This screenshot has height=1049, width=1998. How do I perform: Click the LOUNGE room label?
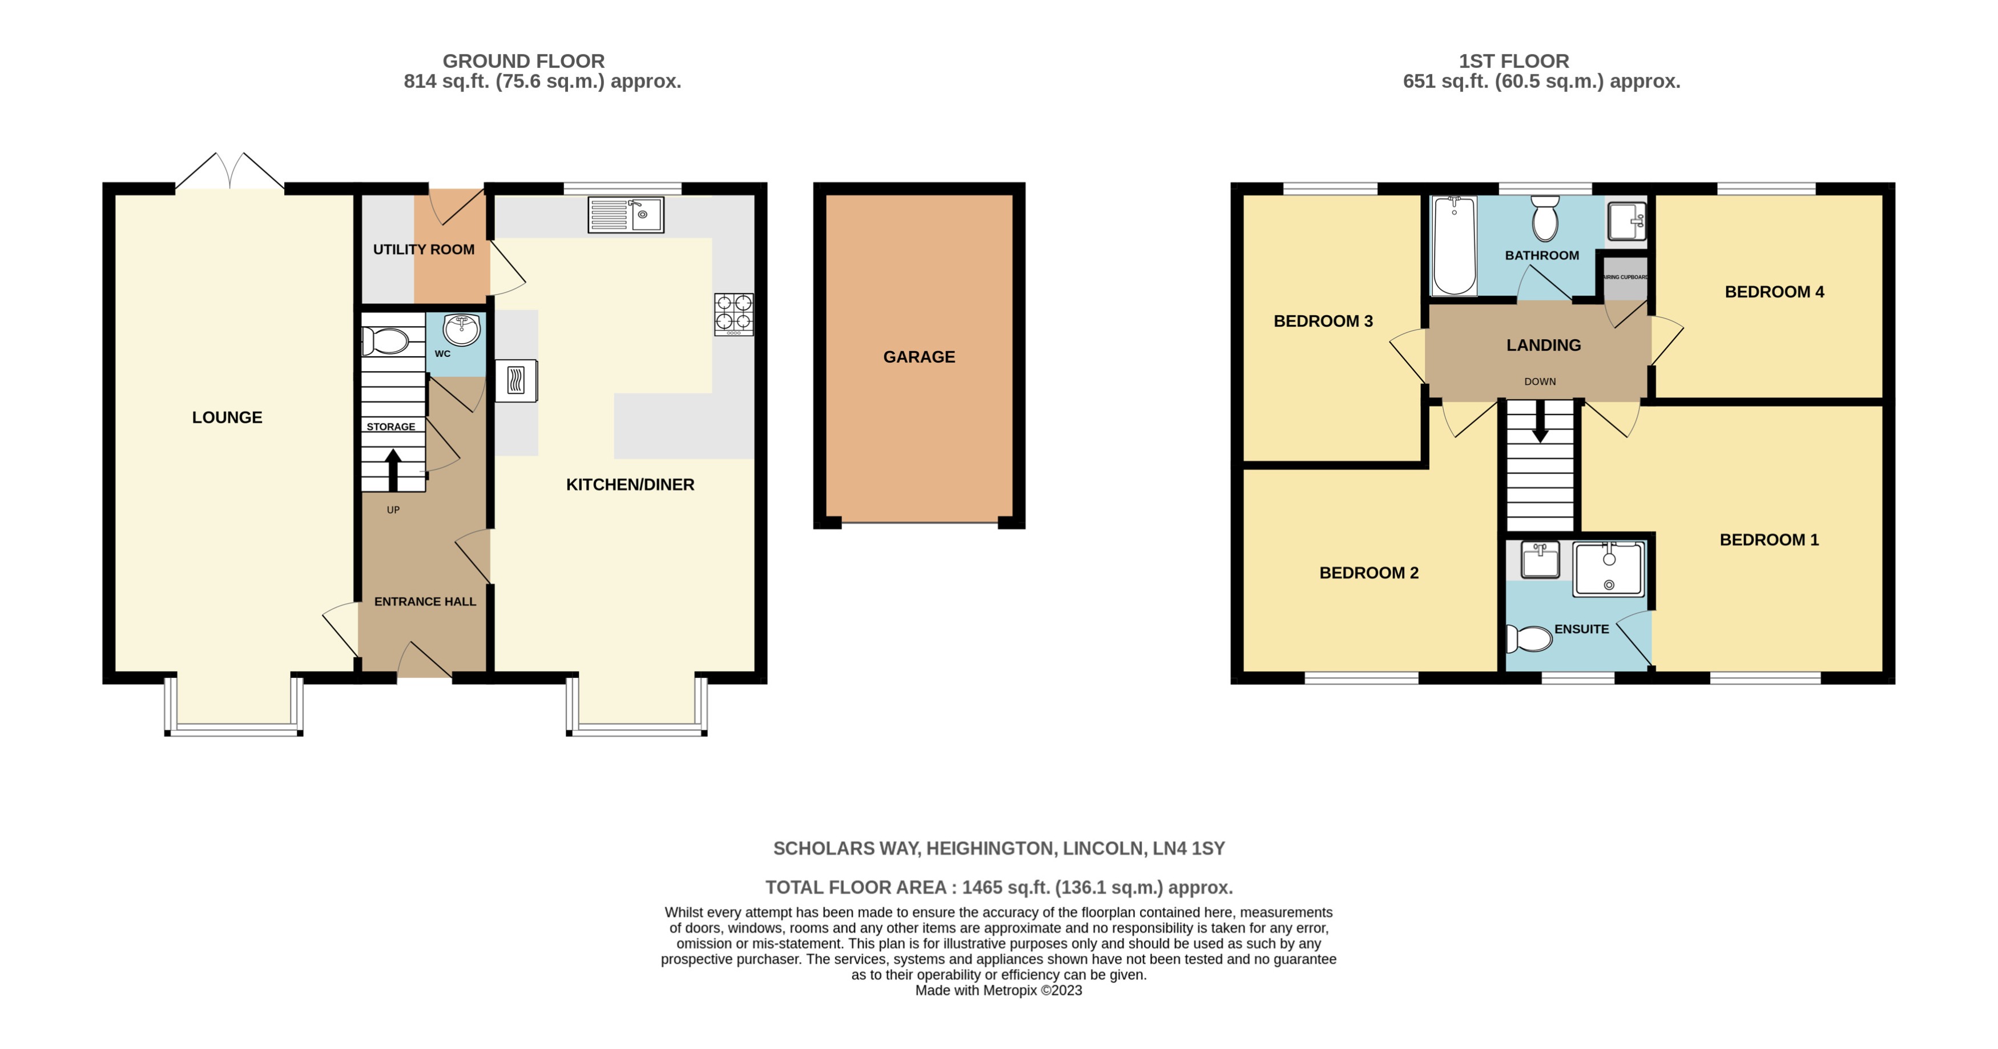tap(227, 417)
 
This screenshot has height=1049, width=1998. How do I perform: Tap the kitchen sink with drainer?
tap(625, 215)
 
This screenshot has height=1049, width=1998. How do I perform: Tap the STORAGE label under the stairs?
tap(391, 427)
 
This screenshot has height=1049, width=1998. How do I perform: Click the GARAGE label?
tap(919, 357)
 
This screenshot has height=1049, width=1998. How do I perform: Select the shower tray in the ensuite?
tap(1609, 569)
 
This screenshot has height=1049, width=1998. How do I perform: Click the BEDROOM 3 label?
tap(1323, 321)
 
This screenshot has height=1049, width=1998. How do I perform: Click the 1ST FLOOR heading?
tap(1514, 61)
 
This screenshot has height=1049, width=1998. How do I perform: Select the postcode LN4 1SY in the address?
tap(1189, 848)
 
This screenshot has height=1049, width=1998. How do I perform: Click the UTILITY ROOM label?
tap(424, 249)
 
